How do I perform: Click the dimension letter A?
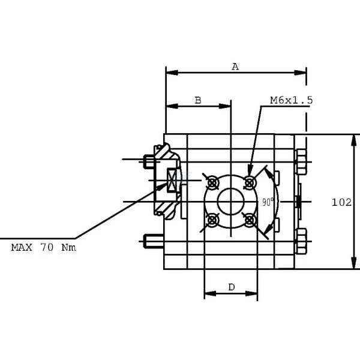[235, 67]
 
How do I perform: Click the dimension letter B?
[198, 100]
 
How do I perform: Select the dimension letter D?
[232, 287]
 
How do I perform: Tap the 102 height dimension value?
[341, 203]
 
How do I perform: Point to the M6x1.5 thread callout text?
[292, 100]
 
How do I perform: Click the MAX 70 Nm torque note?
[43, 247]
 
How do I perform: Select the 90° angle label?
[268, 202]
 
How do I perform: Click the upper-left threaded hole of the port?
[212, 183]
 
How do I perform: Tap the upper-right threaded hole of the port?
[250, 183]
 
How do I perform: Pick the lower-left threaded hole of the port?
[212, 220]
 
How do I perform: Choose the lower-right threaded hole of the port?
[250, 220]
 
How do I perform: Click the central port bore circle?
[231, 202]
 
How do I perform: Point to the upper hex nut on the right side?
[301, 162]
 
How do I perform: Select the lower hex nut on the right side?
[301, 241]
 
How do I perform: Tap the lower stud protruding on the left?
[154, 241]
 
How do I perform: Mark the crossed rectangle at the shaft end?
[172, 180]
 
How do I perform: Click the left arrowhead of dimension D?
[210, 293]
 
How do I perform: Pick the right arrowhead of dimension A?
[301, 73]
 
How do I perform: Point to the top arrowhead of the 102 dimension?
[354, 140]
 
